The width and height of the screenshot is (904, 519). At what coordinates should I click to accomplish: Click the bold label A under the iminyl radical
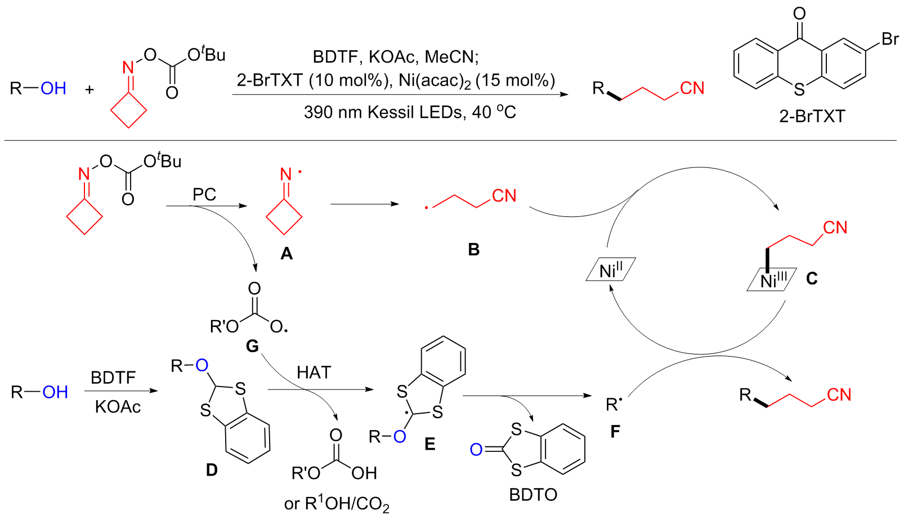(287, 254)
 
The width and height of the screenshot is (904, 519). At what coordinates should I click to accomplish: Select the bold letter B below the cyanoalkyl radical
(474, 250)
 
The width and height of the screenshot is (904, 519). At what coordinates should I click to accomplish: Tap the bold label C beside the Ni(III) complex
(812, 278)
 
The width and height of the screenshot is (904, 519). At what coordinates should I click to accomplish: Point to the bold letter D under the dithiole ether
(212, 469)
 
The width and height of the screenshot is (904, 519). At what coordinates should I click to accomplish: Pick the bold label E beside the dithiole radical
(430, 444)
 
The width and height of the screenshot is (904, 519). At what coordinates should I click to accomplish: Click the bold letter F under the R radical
(615, 432)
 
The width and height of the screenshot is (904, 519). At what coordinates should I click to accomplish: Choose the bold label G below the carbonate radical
(252, 345)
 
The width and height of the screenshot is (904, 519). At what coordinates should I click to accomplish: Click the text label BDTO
(533, 494)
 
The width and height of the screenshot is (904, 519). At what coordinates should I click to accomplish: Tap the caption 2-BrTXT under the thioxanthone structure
(812, 116)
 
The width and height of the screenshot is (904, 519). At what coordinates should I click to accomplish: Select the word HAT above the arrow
(314, 372)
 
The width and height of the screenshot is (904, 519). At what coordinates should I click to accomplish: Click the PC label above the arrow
(204, 194)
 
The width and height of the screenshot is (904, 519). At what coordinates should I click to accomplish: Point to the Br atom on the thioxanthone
(890, 39)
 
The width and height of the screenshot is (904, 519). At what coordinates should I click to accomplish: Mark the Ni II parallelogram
(611, 269)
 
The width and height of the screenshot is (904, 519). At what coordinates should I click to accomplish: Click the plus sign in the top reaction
(89, 89)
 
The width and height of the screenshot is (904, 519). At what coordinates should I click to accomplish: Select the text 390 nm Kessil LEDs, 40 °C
(410, 112)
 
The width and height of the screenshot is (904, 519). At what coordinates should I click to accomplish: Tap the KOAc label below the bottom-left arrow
(118, 407)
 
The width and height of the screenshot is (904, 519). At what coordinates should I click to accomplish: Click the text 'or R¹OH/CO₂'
(337, 503)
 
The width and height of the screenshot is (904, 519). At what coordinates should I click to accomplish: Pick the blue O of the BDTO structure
(476, 449)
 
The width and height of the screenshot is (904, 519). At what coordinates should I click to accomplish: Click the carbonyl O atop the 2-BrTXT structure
(799, 13)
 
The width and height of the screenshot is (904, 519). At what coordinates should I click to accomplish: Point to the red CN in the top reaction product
(692, 88)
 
